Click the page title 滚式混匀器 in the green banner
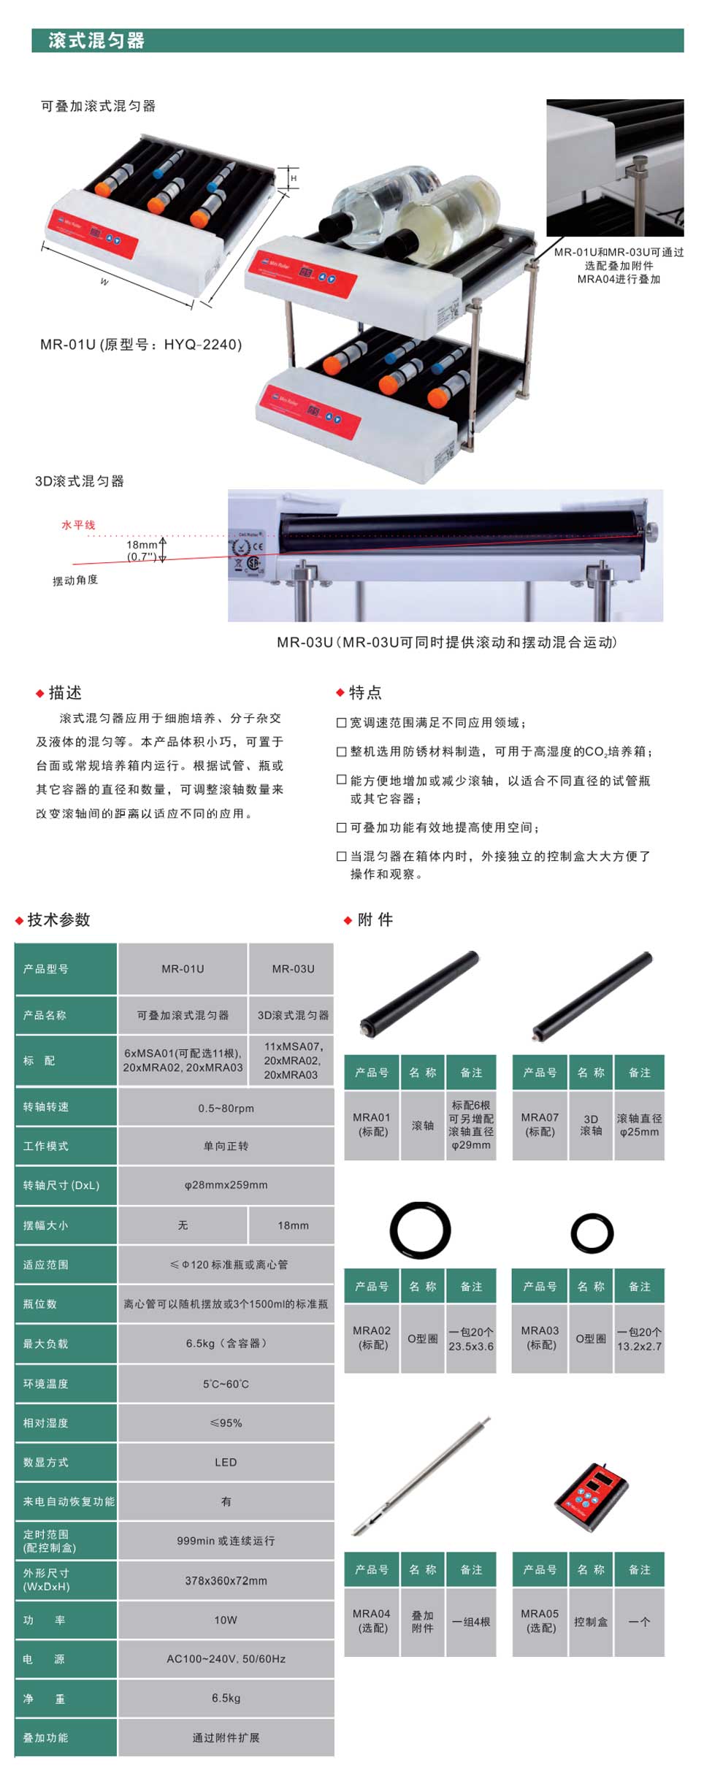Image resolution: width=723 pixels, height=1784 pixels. [96, 41]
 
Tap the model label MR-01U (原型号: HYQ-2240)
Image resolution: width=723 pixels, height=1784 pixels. [141, 345]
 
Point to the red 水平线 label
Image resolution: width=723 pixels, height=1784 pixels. [78, 525]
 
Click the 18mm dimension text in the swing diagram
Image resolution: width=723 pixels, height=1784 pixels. [142, 545]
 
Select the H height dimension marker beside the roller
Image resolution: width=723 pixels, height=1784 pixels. [294, 178]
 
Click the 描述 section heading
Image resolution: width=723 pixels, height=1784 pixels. [65, 692]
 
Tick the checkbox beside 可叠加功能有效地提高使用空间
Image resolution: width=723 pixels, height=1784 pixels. [341, 827]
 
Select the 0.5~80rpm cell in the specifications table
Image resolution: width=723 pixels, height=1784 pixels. [226, 1108]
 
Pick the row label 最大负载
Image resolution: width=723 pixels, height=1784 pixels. [45, 1344]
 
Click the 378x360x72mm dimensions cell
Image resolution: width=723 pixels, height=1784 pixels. [226, 1580]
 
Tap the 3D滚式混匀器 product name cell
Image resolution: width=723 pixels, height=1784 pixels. [293, 1015]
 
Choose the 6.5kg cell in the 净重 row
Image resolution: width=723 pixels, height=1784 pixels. [226, 1698]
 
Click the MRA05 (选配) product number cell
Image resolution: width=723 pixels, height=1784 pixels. [540, 1621]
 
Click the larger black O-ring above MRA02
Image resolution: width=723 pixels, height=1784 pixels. [420, 1230]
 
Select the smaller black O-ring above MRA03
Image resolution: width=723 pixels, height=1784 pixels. [592, 1233]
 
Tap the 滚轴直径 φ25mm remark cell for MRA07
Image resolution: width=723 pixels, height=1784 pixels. [639, 1125]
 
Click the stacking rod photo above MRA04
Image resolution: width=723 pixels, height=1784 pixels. [421, 1477]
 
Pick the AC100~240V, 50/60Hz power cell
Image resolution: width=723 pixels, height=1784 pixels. [226, 1659]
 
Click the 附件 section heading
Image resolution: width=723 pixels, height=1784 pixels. [375, 920]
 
